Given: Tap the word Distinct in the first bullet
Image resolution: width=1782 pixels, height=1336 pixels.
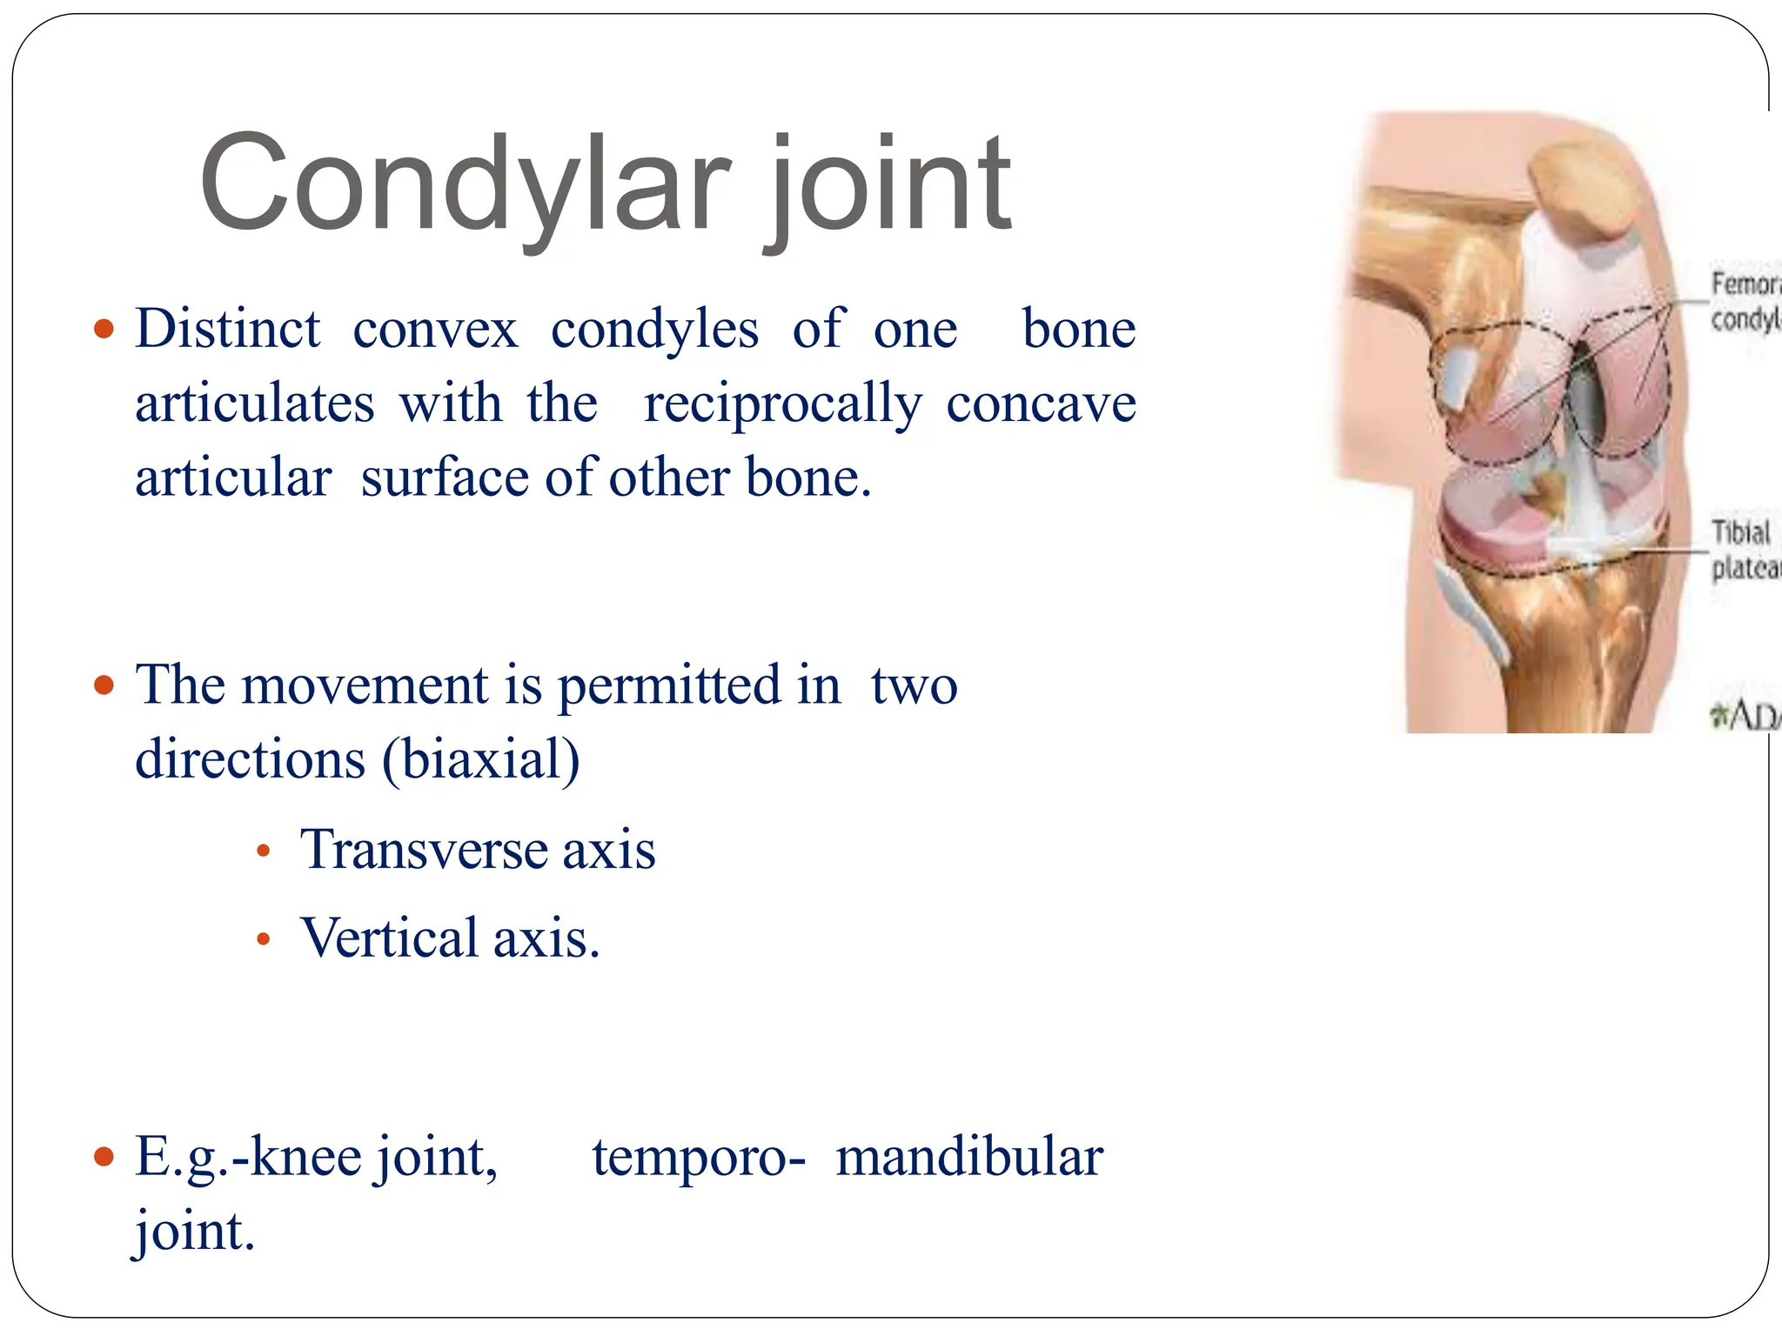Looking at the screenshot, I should coord(228,330).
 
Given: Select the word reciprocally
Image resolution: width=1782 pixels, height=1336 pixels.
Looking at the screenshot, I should coord(781,404).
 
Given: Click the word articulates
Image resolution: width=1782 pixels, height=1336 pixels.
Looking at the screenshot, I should coord(255,404).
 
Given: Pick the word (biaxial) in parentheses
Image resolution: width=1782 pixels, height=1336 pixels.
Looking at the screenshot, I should coord(480,759).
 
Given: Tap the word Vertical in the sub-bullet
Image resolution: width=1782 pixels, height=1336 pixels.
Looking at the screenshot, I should coord(390,939).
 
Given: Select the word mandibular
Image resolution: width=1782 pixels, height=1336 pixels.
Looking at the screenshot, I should coord(968,1158).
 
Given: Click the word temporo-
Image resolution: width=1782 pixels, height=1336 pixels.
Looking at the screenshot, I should coord(698,1158).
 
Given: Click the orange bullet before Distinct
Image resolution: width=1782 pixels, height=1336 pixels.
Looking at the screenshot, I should coord(104,330).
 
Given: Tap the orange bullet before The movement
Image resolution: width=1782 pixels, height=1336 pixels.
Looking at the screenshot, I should coord(104,685).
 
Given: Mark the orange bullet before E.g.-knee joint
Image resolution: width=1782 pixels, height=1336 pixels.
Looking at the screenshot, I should coord(104,1158).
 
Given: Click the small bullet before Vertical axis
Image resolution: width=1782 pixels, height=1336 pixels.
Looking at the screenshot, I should coord(264,939).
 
